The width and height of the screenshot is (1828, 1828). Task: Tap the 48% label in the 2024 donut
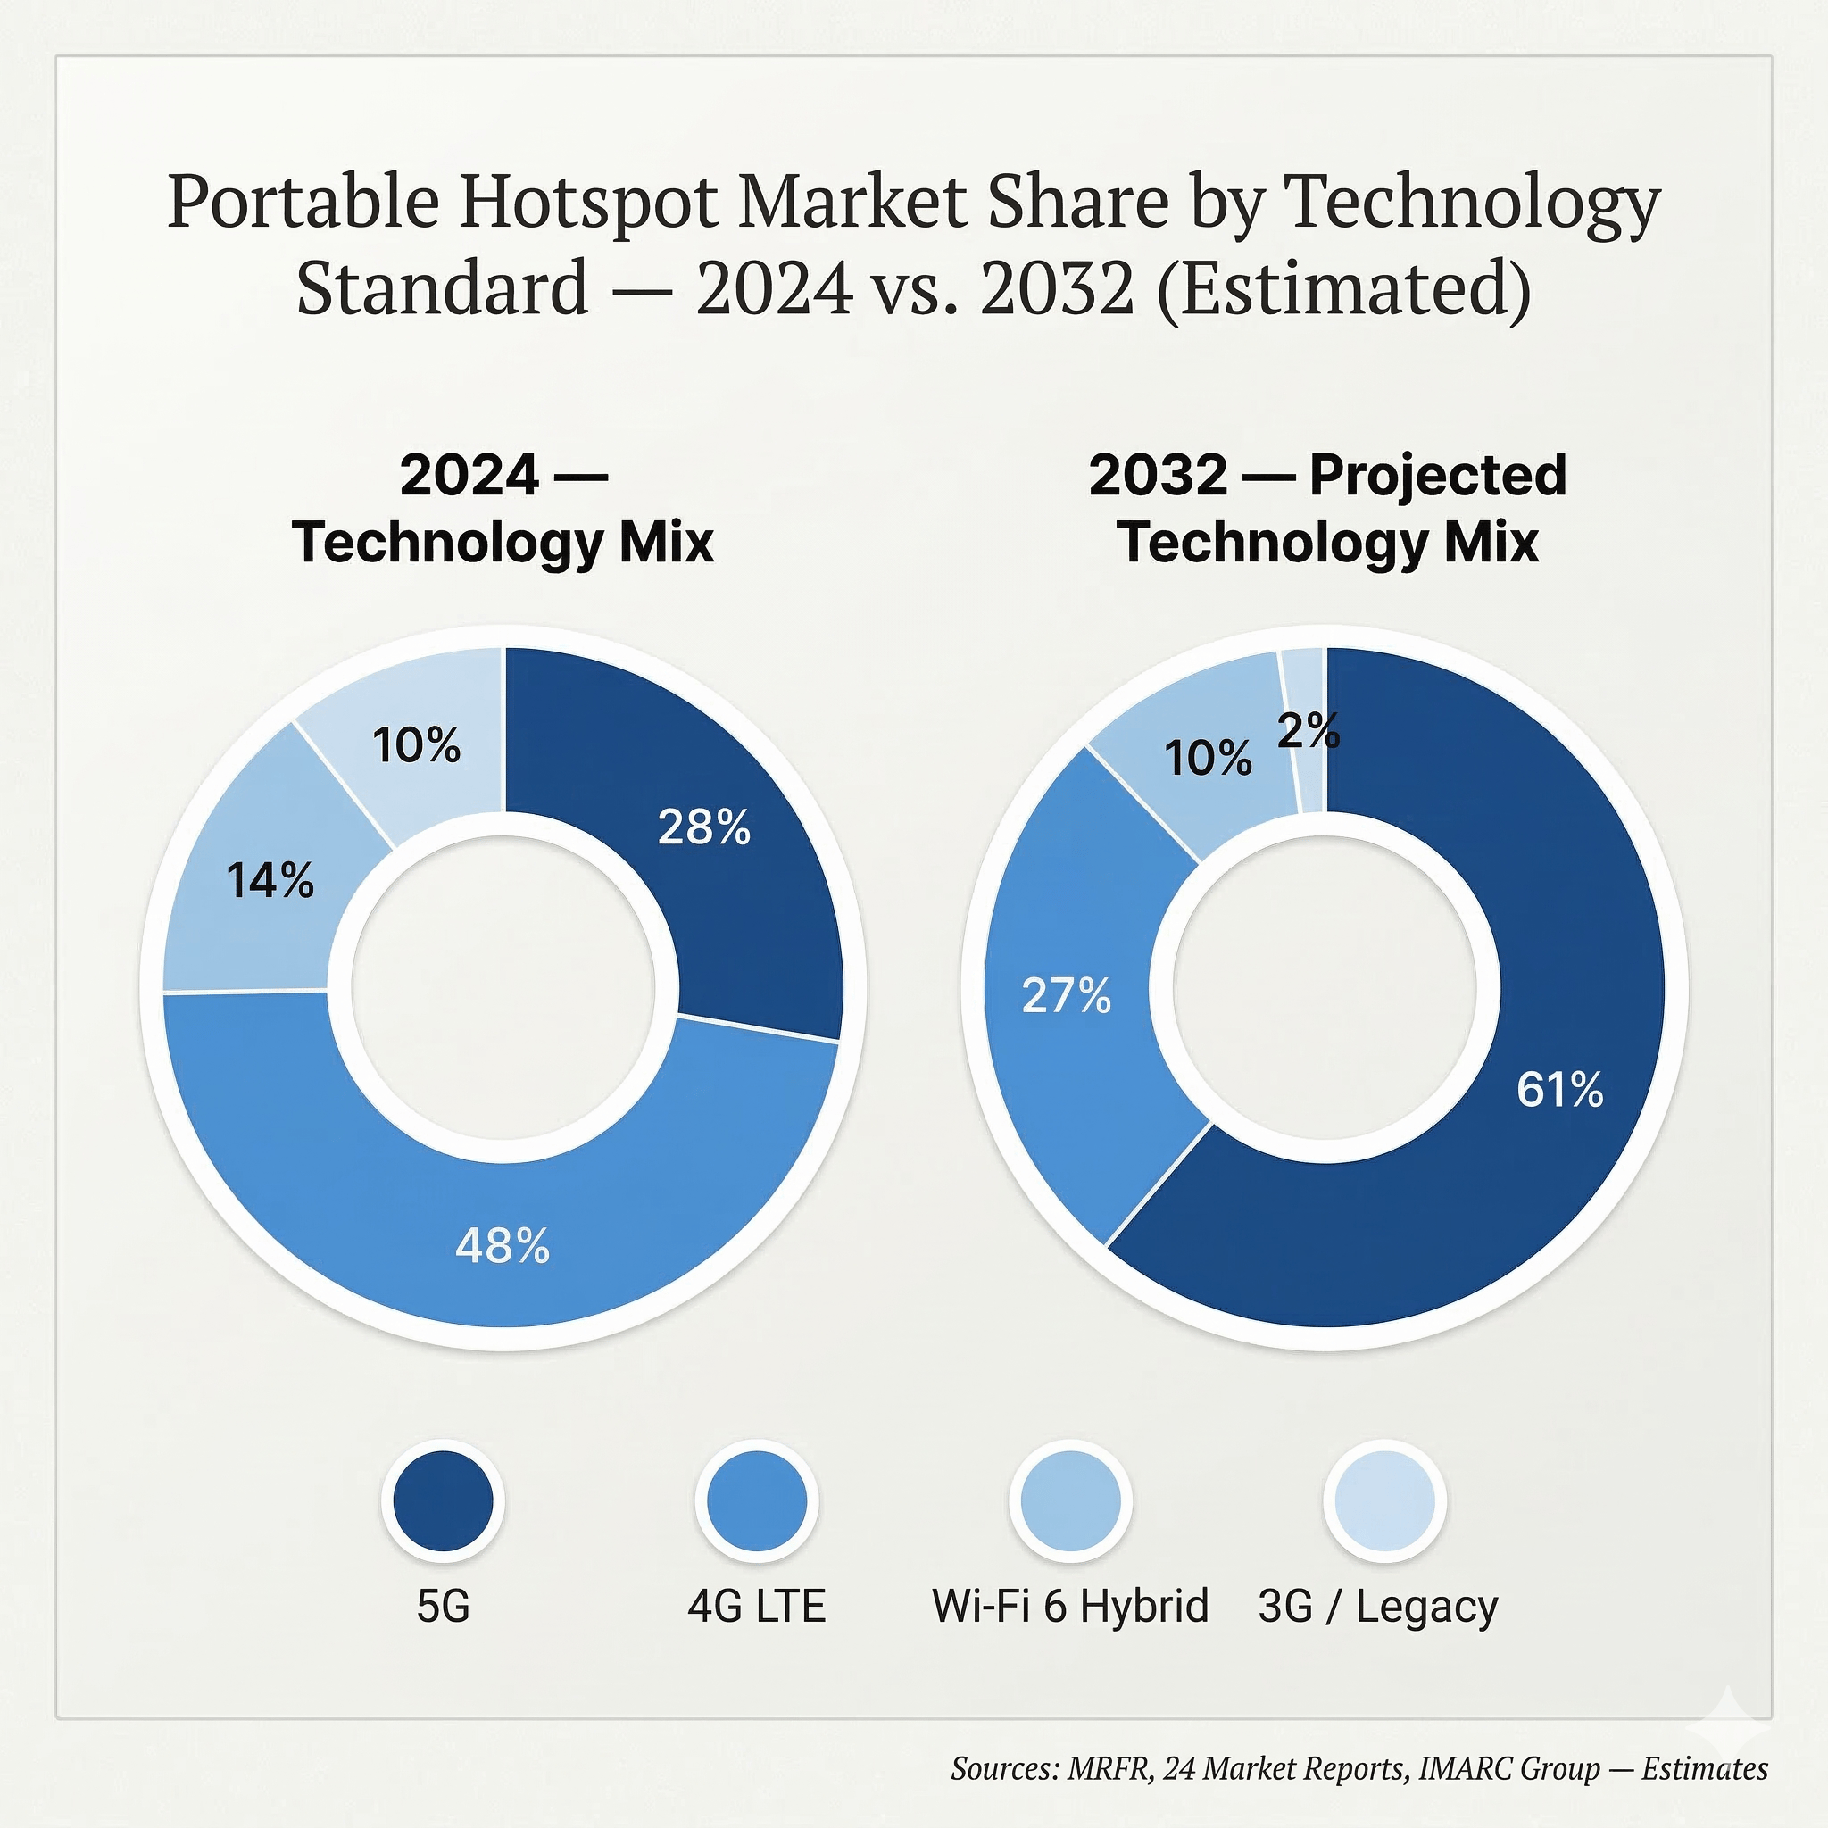[503, 1246]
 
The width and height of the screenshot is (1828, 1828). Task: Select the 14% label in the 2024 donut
[270, 881]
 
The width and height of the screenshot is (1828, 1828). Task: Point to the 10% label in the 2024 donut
[416, 745]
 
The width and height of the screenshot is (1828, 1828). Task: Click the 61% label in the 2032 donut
[1560, 1089]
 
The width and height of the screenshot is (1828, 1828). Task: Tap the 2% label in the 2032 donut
[1309, 730]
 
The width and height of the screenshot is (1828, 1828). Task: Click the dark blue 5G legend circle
[443, 1501]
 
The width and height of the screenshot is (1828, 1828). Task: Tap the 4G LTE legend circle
[757, 1501]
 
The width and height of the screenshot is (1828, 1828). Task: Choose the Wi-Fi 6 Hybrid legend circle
[1070, 1501]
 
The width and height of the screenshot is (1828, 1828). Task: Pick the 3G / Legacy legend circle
[1384, 1501]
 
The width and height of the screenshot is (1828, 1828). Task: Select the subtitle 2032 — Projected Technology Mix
[1327, 508]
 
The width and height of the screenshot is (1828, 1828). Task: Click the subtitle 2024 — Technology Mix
[503, 508]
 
